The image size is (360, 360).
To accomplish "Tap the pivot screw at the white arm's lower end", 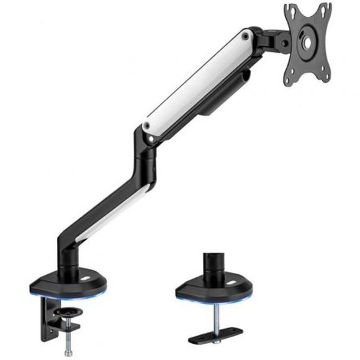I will [146, 127].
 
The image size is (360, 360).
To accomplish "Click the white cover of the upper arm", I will [192, 84].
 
